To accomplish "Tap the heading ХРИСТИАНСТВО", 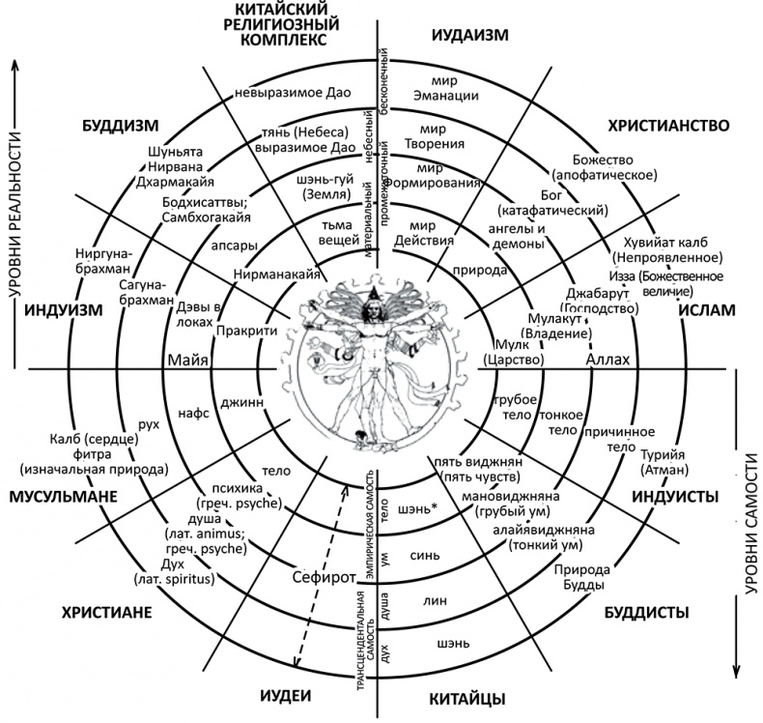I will click(x=667, y=127).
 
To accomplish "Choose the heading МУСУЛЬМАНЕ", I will click(x=64, y=497).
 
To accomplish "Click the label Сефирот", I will click(x=325, y=577).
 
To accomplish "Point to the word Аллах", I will click(x=608, y=361).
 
